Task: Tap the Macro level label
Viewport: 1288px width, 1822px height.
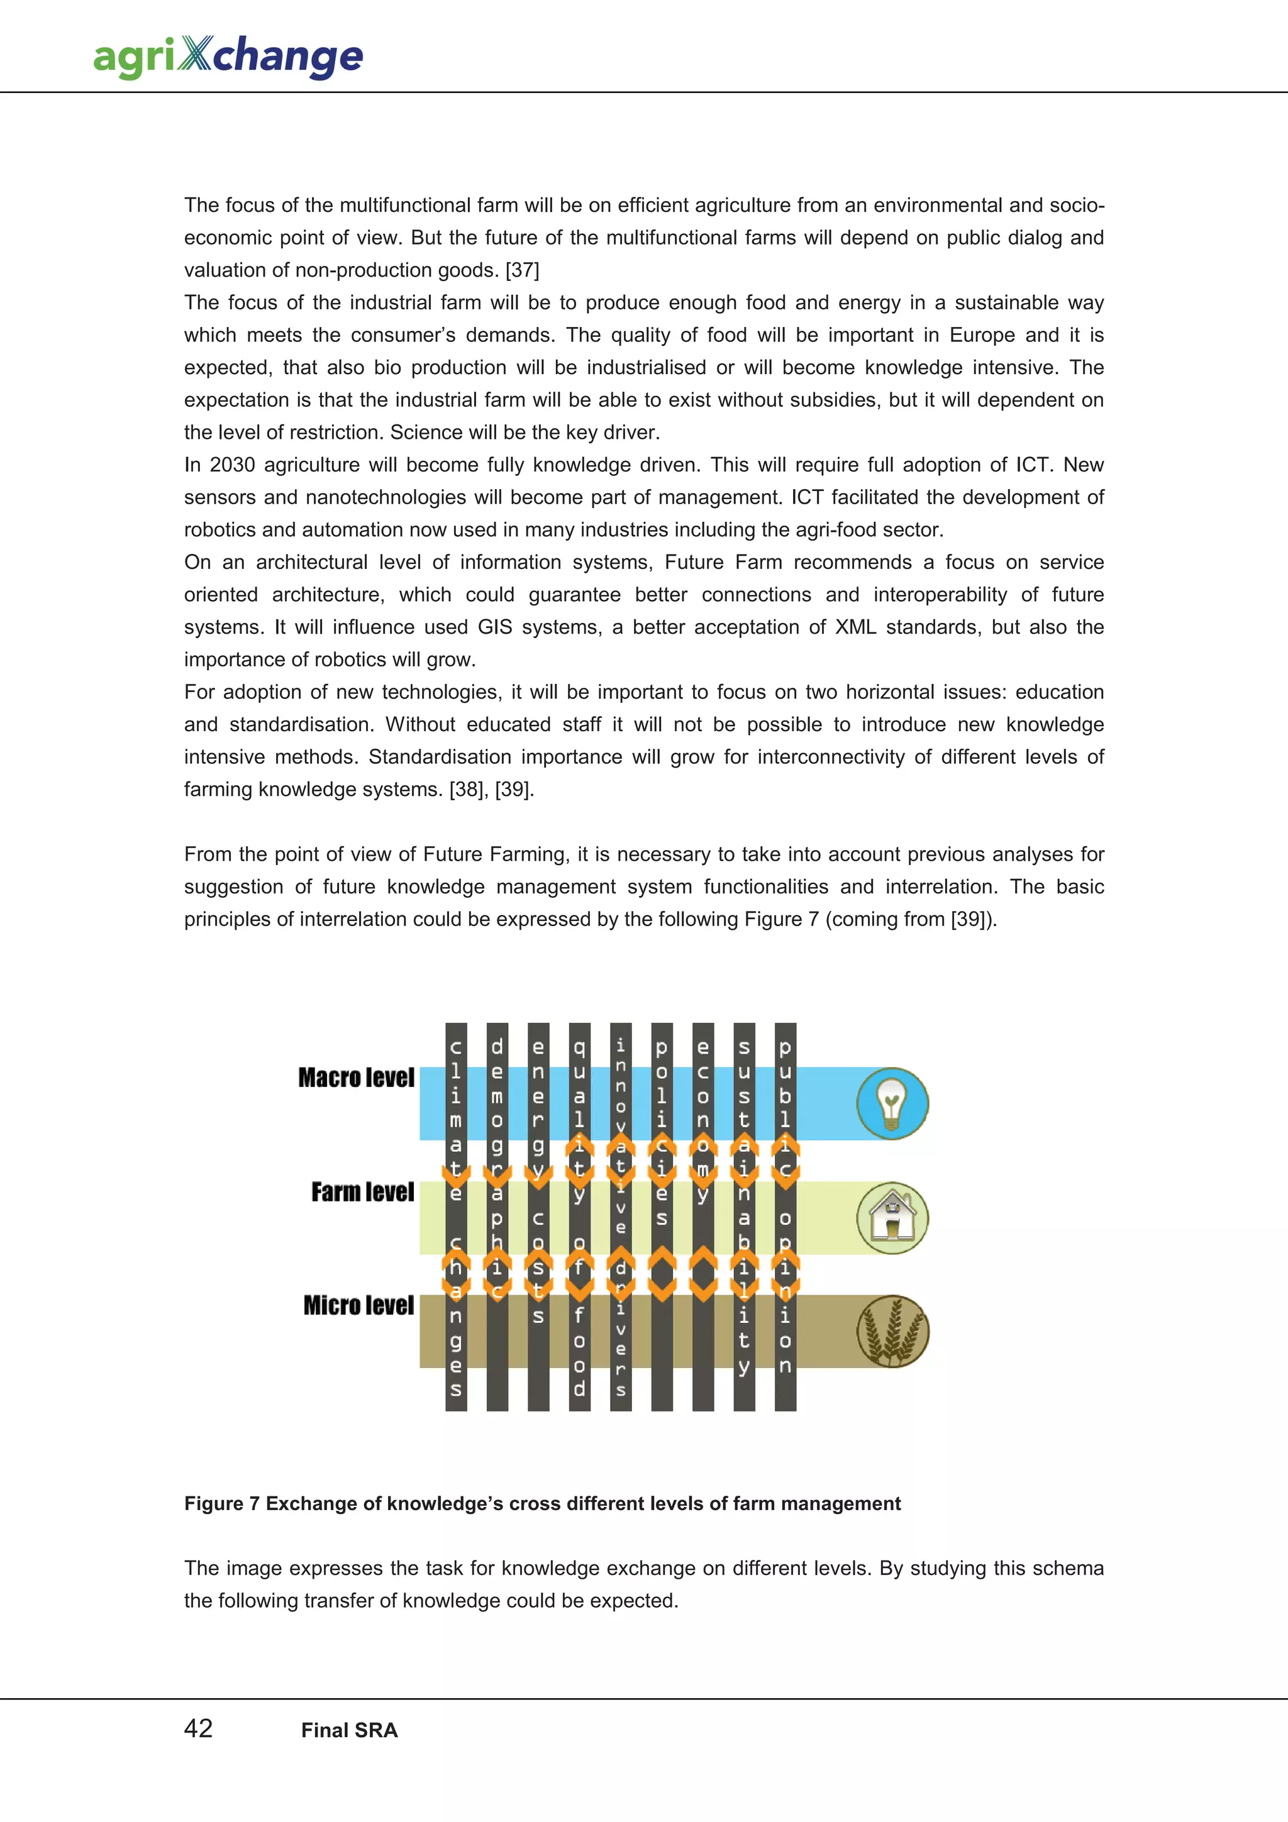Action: [x=357, y=1078]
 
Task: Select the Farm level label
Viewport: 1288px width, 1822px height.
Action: [x=363, y=1192]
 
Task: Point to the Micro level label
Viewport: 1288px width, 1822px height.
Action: [x=358, y=1305]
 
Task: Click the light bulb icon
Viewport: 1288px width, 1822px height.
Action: [x=892, y=1103]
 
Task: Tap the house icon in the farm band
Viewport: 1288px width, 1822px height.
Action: [x=892, y=1217]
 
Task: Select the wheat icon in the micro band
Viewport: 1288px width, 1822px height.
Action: [x=892, y=1332]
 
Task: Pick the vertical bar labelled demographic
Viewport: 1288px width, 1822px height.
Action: [x=497, y=1217]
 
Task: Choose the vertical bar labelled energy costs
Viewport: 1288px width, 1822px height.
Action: [x=538, y=1217]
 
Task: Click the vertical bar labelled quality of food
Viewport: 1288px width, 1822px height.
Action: [x=579, y=1217]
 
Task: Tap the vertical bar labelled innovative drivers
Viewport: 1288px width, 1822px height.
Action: [x=621, y=1217]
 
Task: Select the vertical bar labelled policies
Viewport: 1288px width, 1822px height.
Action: [x=662, y=1217]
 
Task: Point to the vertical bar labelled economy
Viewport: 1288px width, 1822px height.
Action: [x=703, y=1217]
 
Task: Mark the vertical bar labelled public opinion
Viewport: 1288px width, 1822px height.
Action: [x=786, y=1217]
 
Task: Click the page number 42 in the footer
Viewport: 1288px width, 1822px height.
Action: [x=198, y=1729]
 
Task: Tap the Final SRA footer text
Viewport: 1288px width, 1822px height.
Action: [x=349, y=1731]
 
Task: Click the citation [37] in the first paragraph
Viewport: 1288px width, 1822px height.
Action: [x=522, y=270]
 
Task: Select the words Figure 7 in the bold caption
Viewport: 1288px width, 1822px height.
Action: [x=221, y=1504]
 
